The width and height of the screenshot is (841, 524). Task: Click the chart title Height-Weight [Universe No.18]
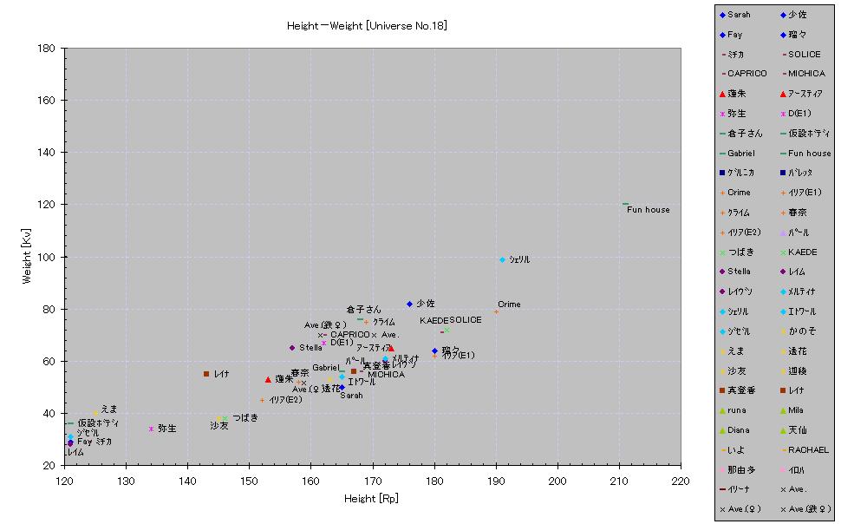coord(367,26)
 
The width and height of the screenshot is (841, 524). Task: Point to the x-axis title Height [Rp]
coord(372,498)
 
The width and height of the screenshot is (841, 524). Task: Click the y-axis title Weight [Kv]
coord(28,257)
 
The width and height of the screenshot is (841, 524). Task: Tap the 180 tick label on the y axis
coord(48,48)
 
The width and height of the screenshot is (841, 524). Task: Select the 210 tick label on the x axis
coord(619,480)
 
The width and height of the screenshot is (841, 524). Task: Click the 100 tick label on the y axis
coord(48,257)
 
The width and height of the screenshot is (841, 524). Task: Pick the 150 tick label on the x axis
coord(250,480)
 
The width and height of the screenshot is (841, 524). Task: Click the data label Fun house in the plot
coord(649,210)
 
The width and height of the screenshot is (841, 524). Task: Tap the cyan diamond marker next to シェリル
coord(502,259)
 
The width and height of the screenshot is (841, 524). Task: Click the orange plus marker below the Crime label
coord(497,311)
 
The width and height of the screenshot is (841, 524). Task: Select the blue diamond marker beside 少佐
coord(410,304)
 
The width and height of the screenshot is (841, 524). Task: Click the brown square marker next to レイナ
coord(206,374)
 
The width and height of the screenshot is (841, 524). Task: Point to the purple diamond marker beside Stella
coord(292,348)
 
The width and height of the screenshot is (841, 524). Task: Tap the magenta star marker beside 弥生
coord(151,429)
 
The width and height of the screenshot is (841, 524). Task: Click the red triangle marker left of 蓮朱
coord(268,379)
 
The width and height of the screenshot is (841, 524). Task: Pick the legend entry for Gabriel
coord(740,154)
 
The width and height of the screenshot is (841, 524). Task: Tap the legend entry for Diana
coord(739,430)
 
